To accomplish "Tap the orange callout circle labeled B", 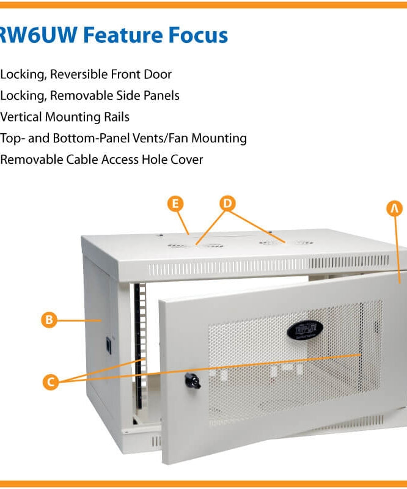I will [49, 319].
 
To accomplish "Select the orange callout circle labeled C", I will [51, 382].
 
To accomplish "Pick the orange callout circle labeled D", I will [227, 204].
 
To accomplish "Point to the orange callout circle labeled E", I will [176, 204].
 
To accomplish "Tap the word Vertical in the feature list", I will [22, 117].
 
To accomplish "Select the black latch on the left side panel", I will [110, 344].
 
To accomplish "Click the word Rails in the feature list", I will [114, 117].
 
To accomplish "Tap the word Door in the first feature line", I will [157, 75].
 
